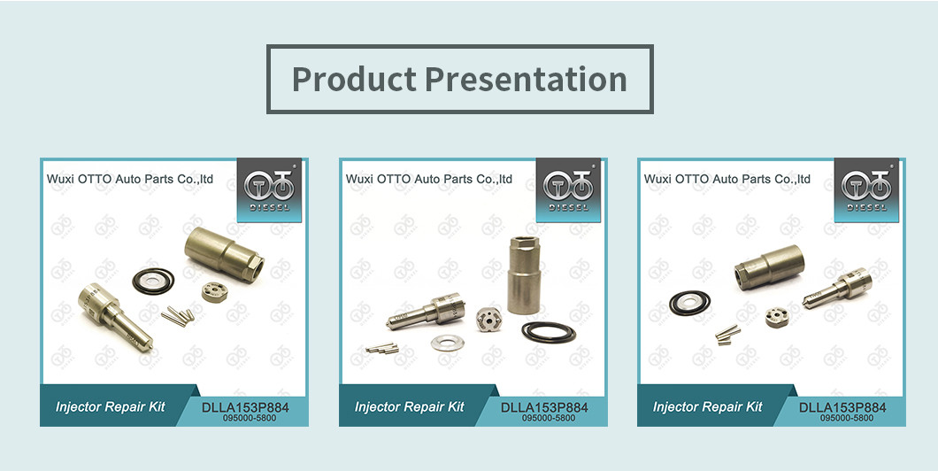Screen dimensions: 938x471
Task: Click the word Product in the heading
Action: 354,79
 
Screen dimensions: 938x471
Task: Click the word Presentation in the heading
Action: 527,79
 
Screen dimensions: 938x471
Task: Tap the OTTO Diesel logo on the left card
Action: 269,189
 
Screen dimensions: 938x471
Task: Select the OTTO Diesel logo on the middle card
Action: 568,189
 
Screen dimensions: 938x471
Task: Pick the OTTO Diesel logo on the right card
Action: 866,189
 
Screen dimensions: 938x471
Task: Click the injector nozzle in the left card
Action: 115,315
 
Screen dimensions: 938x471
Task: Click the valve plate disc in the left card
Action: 214,293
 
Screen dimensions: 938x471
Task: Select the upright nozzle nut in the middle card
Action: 523,274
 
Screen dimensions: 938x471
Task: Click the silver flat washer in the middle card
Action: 447,344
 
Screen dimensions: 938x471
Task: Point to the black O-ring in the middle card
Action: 548,332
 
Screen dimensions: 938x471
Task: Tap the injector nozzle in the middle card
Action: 426,311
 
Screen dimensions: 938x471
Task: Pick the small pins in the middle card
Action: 381,348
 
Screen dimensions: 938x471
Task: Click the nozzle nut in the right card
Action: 769,267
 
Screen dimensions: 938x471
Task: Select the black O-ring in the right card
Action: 689,303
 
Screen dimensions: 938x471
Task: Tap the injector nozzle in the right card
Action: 837,288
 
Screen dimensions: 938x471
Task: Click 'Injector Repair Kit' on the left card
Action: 111,407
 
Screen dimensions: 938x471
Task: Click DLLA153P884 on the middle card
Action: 544,407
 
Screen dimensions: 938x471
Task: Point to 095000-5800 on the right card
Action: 847,419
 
